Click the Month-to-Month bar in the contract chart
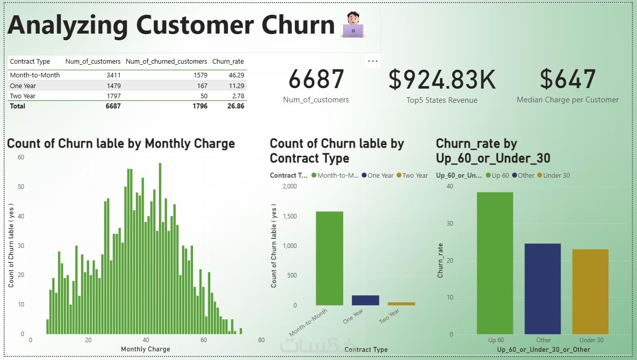click(329, 258)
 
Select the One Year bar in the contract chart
click(365, 300)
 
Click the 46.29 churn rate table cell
click(235, 75)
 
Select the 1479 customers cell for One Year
click(112, 86)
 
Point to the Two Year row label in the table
click(23, 96)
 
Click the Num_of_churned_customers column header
click(166, 62)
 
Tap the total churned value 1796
click(199, 106)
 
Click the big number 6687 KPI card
click(316, 79)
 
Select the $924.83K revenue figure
click(441, 79)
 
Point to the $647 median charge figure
click(567, 79)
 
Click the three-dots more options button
click(373, 61)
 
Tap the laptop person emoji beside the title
click(353, 25)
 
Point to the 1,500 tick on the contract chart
click(289, 216)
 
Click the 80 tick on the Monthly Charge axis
click(261, 340)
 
